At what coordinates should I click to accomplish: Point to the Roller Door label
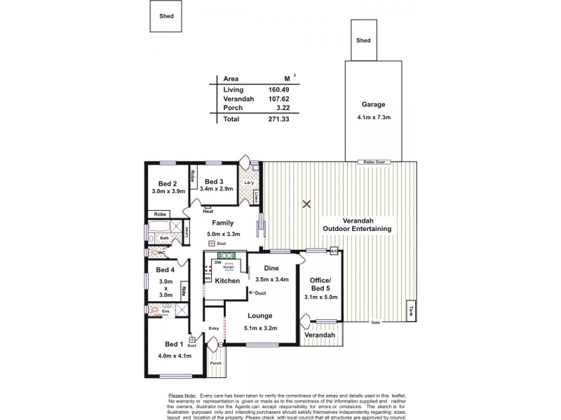pos(372,162)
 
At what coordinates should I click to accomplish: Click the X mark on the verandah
pos(306,204)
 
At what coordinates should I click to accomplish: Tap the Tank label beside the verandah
pos(411,311)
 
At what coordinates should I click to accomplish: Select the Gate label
pos(375,323)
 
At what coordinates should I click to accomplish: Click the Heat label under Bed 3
pos(208,211)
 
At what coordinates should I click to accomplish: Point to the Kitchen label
pos(227,281)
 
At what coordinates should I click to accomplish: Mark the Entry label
pos(214,328)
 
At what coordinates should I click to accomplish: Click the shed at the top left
pos(167,15)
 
